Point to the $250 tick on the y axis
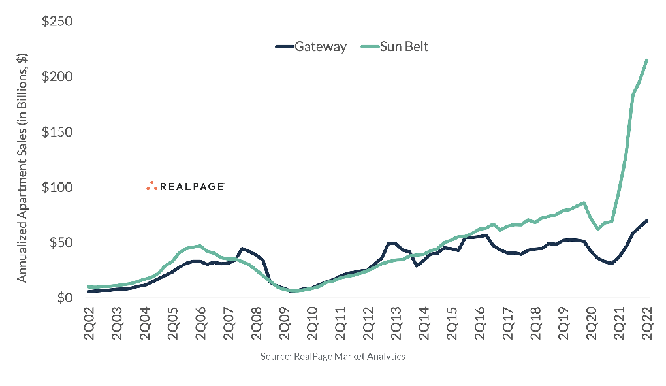click(57, 22)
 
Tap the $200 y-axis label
click(57, 77)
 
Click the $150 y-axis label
click(57, 133)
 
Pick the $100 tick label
click(57, 187)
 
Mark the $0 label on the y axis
click(63, 298)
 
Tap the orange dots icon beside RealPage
click(151, 186)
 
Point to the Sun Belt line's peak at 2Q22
click(646, 60)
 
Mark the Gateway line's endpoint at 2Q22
click(646, 221)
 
